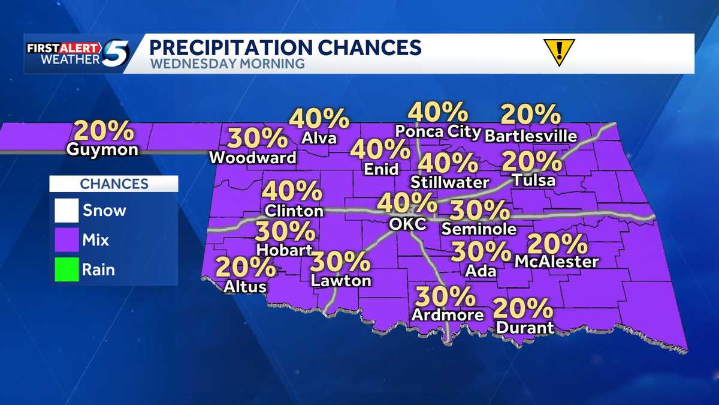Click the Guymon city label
point(103,150)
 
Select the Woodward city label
point(253,158)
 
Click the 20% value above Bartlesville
point(530,115)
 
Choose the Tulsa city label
point(534,181)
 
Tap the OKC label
point(407,224)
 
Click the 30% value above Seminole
point(479,211)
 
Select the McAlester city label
point(557,262)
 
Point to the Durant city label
point(525,328)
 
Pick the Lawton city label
point(341,280)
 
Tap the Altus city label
point(245,287)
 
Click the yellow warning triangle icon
point(558,50)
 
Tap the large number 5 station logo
point(116,53)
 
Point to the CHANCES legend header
point(114,184)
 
